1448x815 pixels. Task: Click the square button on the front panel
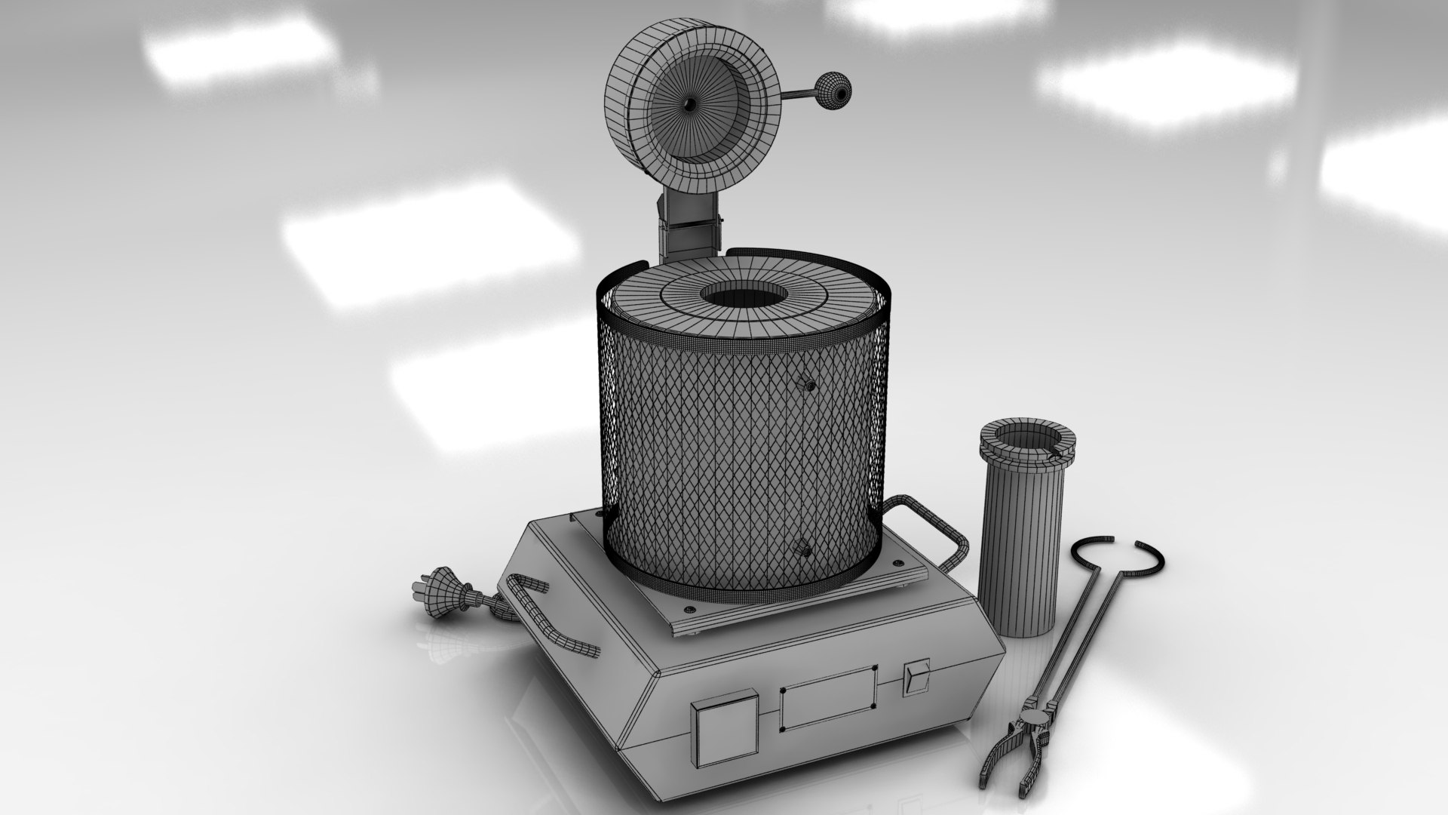tap(725, 730)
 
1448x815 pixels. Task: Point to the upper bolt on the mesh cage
tap(808, 385)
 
